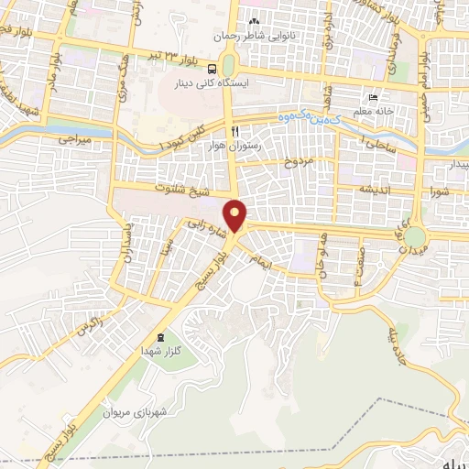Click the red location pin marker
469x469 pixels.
(236, 216)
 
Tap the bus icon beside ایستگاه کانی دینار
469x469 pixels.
(213, 68)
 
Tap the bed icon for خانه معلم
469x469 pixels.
(372, 98)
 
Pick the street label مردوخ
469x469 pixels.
(303, 163)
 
